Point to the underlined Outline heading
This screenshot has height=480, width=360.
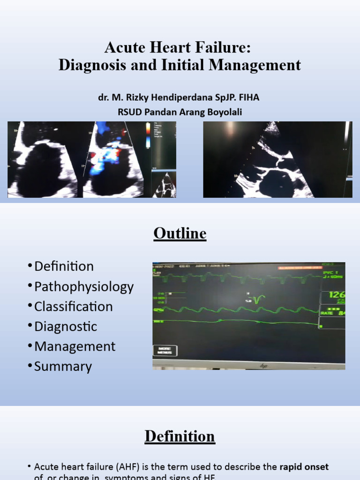[180, 233]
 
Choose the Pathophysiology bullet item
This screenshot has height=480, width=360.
[84, 286]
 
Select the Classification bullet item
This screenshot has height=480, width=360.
[74, 307]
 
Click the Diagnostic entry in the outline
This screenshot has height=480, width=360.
[66, 326]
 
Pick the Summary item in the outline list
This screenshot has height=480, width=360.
[63, 366]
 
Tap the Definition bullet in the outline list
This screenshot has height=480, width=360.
[64, 266]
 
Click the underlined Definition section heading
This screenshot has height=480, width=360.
[180, 436]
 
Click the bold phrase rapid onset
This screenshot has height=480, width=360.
[304, 467]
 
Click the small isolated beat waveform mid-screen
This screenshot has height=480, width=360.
[258, 299]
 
